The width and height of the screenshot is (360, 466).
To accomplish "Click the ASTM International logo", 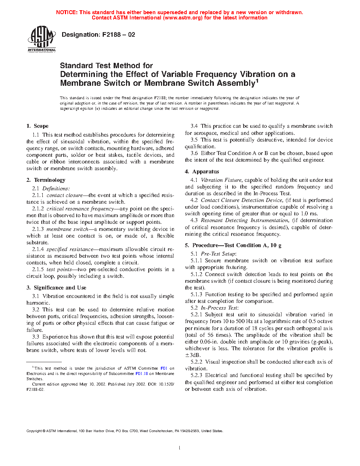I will point(42,39).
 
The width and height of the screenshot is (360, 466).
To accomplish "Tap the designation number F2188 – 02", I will point(119,35).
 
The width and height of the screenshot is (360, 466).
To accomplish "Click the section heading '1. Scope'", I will point(37,126).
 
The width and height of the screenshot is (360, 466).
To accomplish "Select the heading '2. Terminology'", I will point(46,180).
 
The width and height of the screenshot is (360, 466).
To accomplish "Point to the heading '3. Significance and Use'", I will point(56,288).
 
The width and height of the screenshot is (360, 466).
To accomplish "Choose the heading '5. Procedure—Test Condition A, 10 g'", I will point(233,245).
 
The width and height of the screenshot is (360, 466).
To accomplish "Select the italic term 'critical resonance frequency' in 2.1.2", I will point(80,209).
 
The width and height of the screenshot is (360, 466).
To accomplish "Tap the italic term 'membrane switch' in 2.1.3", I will point(67,229).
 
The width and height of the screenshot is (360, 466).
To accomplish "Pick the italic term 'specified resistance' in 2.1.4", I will point(70,249).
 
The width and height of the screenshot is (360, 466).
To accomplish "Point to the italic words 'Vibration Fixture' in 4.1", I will point(221,180).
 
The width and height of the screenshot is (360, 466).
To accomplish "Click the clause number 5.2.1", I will point(196,315).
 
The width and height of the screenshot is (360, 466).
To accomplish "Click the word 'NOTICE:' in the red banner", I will point(67,12).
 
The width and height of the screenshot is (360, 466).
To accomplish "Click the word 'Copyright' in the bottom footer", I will point(34,431).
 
